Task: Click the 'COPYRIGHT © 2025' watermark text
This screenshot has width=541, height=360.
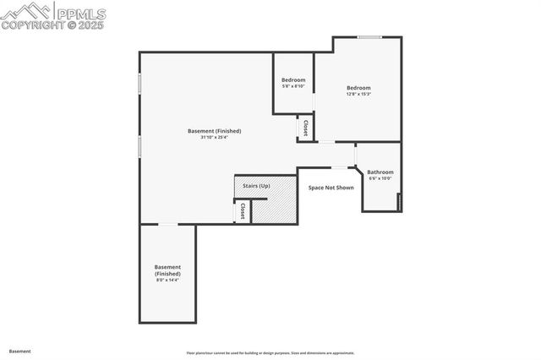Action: (53, 25)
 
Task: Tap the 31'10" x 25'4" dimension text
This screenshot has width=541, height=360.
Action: (214, 138)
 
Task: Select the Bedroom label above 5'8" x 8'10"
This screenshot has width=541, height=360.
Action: (293, 80)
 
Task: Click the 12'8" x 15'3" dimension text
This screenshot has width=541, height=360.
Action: (358, 94)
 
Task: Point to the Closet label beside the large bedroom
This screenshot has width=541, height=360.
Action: (305, 128)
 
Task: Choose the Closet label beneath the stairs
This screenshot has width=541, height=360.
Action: (243, 210)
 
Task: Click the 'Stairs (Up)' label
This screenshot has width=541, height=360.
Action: (256, 185)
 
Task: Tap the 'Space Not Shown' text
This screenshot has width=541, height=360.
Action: (331, 188)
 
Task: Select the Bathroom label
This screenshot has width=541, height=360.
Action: (380, 172)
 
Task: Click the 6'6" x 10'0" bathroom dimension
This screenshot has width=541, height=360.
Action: (380, 178)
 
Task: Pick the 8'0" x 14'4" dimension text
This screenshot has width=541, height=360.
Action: (167, 281)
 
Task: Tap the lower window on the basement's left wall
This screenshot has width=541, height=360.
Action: (139, 146)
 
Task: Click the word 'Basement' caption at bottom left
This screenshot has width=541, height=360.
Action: (21, 351)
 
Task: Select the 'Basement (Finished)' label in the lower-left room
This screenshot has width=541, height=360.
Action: (167, 270)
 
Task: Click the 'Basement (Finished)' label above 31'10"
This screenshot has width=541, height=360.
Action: (214, 131)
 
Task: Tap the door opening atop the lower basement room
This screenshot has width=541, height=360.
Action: (168, 224)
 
